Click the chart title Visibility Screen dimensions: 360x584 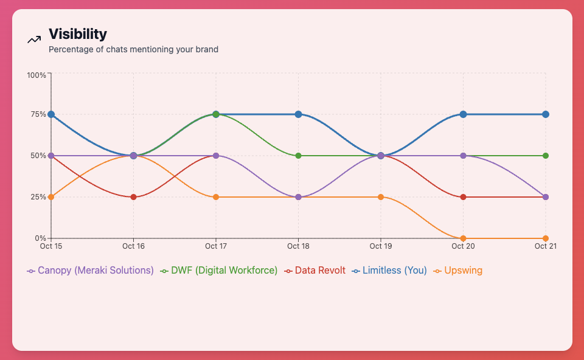[x=78, y=34]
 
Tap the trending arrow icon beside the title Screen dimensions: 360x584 [x=34, y=40]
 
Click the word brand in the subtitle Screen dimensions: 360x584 [x=206, y=49]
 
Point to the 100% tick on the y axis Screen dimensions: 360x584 [x=36, y=75]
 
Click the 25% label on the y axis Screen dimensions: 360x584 [x=38, y=197]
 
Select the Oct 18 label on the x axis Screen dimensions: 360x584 [x=298, y=246]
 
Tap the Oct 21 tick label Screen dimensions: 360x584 [x=545, y=246]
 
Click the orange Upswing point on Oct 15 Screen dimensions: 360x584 [x=51, y=197]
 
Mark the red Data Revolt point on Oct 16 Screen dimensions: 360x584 [x=133, y=197]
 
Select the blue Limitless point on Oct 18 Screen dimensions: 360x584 [x=298, y=114]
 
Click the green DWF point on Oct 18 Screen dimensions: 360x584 [x=298, y=156]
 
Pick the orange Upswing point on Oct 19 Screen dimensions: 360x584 [x=381, y=197]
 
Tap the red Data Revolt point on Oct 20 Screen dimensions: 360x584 [x=463, y=197]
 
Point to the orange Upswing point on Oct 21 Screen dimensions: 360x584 [x=545, y=238]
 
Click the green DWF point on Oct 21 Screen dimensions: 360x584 [x=545, y=156]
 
